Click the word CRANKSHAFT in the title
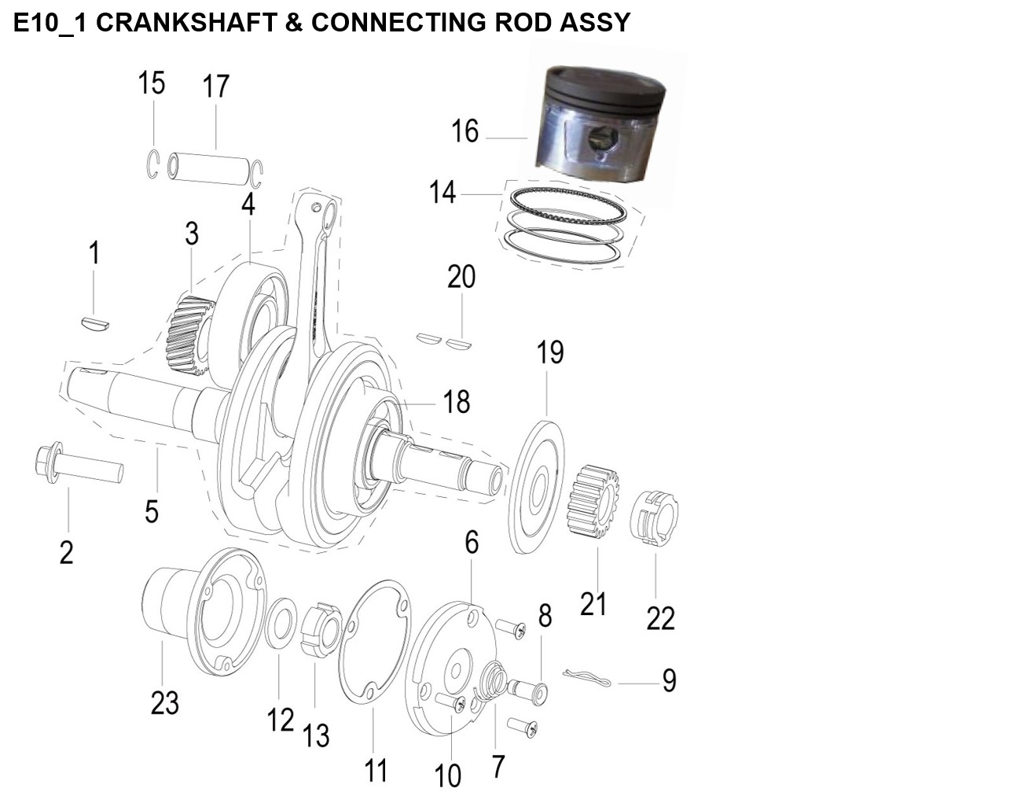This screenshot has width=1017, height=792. (187, 22)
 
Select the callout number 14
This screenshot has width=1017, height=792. (442, 193)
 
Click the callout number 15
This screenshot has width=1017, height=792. (152, 83)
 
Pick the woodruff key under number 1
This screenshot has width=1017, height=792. (95, 323)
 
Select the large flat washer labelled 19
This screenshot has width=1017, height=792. (536, 487)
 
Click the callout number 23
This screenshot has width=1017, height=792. (165, 702)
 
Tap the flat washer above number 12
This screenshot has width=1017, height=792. (281, 623)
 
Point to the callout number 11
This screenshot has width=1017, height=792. (376, 771)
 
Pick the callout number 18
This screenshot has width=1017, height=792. (457, 401)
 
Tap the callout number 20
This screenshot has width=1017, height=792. (461, 276)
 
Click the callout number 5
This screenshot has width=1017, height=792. (152, 511)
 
